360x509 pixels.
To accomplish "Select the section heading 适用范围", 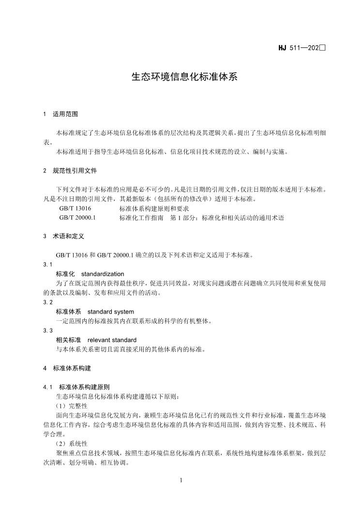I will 65,115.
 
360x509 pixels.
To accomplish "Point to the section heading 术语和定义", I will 69,237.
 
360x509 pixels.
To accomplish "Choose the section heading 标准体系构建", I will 72,368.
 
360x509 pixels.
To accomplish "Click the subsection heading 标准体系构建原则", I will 84,387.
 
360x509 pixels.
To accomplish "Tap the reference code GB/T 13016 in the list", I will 75,208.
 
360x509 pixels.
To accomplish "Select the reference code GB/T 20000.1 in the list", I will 78,218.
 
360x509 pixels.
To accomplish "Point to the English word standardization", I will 103,274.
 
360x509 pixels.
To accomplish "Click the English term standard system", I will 111,312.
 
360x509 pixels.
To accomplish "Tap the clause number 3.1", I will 47,265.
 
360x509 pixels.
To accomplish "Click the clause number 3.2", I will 47,302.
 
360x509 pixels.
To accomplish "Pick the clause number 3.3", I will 47,330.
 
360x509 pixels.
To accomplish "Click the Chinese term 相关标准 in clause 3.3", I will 69,340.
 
